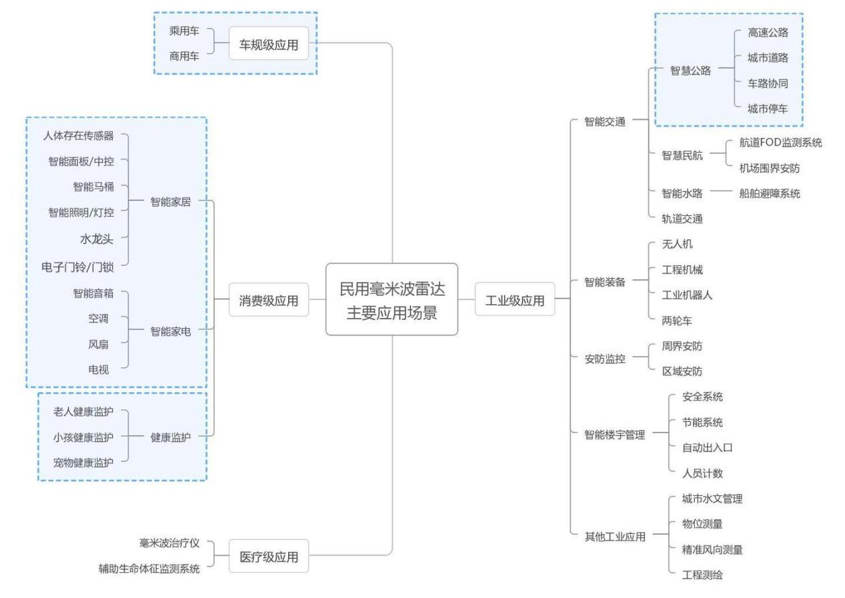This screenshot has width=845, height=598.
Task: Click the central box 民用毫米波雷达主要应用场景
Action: pyautogui.click(x=391, y=299)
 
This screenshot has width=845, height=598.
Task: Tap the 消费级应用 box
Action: pyautogui.click(x=269, y=301)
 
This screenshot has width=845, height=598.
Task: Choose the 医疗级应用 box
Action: pyautogui.click(x=269, y=557)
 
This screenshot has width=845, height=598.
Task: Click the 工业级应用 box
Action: pyautogui.click(x=514, y=301)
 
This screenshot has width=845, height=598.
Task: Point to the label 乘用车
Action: pyautogui.click(x=184, y=31)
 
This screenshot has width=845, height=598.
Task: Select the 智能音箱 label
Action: pyautogui.click(x=93, y=293)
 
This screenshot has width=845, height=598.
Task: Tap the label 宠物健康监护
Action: pyautogui.click(x=83, y=462)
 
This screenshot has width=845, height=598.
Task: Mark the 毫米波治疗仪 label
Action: pyautogui.click(x=169, y=543)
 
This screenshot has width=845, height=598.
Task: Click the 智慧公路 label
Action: pyautogui.click(x=690, y=71)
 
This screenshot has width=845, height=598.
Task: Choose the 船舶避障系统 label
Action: pyautogui.click(x=770, y=193)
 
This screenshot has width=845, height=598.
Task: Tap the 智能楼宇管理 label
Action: pyautogui.click(x=614, y=435)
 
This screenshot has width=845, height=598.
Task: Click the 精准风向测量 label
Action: pyautogui.click(x=712, y=549)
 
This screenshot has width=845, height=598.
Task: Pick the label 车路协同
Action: pyautogui.click(x=768, y=83)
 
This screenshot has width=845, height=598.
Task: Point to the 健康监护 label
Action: pyautogui.click(x=171, y=437)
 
